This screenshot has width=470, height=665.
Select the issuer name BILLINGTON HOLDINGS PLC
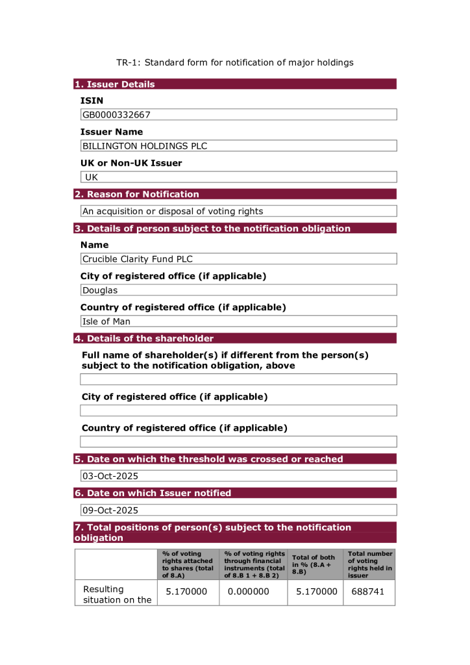coord(145,146)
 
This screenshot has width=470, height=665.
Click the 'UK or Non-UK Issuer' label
coord(131,163)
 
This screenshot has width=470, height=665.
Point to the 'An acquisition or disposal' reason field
coord(173,211)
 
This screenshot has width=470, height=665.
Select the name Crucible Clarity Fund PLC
coord(138,259)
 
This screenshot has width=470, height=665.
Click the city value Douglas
coord(100,290)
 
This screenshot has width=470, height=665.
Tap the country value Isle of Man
coord(106,321)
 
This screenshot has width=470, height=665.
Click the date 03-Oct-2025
coord(110,476)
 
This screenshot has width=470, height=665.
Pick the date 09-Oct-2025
coord(110,510)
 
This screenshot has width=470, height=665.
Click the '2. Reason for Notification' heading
coord(137,194)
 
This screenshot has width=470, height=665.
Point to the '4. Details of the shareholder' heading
coord(144,338)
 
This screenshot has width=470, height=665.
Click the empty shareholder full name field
coord(238,379)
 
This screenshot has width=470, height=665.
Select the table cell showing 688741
coord(368,592)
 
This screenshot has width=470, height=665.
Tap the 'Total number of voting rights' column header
coord(370,564)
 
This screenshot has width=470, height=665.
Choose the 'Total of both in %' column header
coord(314,564)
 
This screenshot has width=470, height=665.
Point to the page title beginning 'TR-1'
coord(235,62)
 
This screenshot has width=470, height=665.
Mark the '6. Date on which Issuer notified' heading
coord(153,493)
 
